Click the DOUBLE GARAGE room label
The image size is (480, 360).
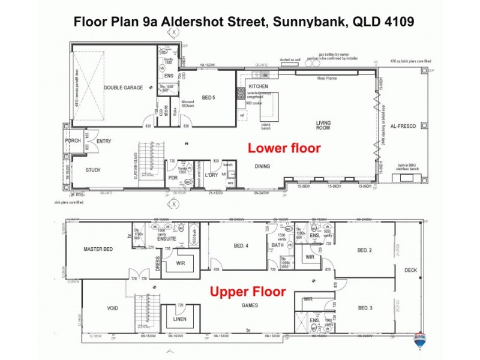[123, 88]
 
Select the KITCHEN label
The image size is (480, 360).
[257, 87]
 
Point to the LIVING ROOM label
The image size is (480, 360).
[324, 125]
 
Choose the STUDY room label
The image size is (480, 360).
[93, 170]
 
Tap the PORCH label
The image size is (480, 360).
[73, 141]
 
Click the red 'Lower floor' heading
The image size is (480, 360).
[284, 148]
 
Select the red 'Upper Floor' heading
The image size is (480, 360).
[247, 293]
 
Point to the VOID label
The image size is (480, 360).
[112, 308]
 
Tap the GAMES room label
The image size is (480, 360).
[251, 304]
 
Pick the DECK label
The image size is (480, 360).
[410, 270]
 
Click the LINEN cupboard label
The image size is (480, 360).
[180, 320]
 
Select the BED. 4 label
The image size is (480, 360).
[240, 245]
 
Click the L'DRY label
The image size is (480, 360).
[211, 175]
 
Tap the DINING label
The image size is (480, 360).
[262, 166]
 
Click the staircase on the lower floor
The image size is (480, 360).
[146, 160]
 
